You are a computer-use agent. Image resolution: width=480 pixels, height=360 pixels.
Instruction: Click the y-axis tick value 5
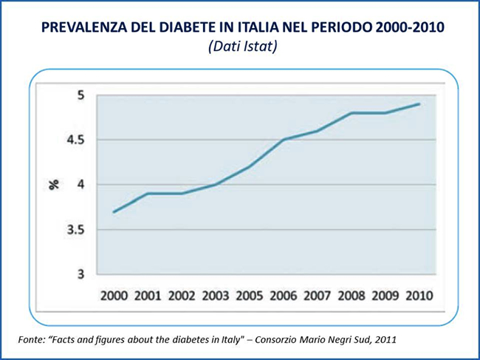[81, 95]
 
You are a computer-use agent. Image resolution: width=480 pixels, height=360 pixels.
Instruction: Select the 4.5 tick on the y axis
[76, 140]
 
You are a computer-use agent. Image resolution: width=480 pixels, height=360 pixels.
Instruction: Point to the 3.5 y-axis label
[76, 230]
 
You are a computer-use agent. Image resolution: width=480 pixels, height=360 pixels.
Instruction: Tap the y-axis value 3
[81, 275]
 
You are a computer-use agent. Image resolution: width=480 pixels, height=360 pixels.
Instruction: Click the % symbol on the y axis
[54, 184]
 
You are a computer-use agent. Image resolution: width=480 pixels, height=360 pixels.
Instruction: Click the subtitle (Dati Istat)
[240, 47]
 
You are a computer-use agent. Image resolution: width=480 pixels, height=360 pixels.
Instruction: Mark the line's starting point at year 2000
[114, 212]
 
